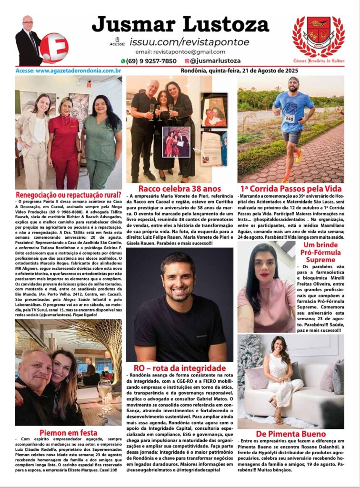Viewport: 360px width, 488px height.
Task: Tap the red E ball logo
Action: pos(54,48)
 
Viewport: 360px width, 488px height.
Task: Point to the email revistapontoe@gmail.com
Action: pos(180,51)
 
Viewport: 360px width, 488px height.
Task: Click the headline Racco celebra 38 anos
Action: pos(180,188)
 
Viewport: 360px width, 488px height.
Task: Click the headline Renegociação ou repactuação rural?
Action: pos(68,195)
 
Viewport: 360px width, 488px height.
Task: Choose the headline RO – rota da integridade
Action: pos(180,368)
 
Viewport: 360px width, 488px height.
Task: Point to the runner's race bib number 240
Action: pos(290,118)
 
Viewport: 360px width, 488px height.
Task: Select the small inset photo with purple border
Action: pos(176,142)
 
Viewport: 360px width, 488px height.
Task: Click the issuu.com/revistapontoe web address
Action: pos(189,42)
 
